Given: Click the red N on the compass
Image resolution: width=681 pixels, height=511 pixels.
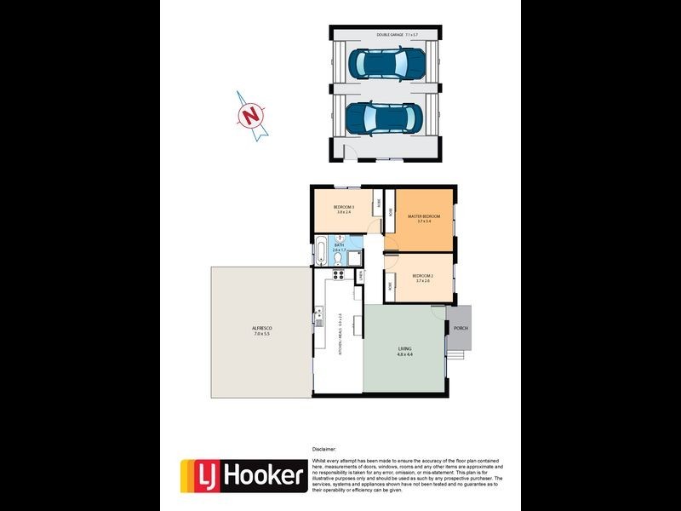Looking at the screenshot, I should click(x=250, y=114).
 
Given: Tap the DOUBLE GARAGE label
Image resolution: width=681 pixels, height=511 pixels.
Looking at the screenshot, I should click(x=398, y=34).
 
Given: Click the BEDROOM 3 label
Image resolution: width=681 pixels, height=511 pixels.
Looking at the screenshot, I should click(x=344, y=210).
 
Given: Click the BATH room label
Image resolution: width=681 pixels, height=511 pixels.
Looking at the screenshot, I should click(x=339, y=247).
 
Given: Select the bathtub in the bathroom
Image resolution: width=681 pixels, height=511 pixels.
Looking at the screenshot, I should click(x=320, y=254).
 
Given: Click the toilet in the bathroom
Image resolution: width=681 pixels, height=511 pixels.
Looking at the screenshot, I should click(x=339, y=259).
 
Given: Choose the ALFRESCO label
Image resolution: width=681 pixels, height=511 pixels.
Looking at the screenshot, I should click(x=261, y=330).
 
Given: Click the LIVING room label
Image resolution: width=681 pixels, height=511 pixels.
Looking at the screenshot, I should click(x=404, y=351).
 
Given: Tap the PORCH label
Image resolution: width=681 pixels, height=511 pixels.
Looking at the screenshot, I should click(x=461, y=328).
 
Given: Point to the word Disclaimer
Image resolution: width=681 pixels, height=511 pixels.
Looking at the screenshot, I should click(x=324, y=449).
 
